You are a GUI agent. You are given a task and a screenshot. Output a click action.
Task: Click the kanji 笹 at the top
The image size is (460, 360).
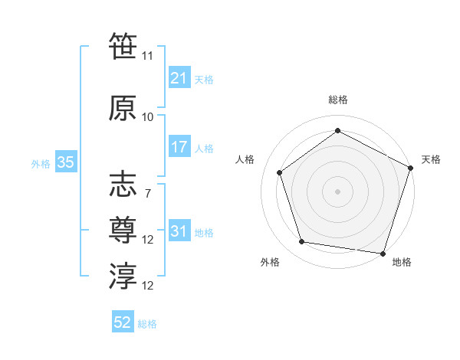tap(123, 44)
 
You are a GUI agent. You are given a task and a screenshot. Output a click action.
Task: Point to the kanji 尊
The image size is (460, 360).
tap(123, 229)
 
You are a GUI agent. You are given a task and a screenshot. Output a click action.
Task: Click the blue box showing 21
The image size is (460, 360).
tap(179, 78)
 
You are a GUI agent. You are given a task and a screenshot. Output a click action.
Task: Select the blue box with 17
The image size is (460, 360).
tap(179, 147)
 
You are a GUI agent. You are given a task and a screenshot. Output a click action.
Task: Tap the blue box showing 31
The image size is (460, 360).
tap(179, 231)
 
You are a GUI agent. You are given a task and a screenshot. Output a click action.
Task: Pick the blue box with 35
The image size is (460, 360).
tap(65, 162)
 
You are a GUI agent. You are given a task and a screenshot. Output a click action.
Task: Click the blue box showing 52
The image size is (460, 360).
tap(123, 322)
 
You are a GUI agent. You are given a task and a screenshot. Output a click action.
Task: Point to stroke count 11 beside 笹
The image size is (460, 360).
tap(148, 55)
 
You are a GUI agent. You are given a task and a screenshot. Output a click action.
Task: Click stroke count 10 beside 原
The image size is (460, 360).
tap(148, 117)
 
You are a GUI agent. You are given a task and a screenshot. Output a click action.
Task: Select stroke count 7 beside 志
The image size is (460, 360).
tap(147, 194)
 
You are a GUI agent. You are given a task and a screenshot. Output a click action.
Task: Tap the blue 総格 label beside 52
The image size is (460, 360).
tap(147, 324)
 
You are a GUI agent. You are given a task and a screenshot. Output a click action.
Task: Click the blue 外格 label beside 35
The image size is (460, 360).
tap(41, 163)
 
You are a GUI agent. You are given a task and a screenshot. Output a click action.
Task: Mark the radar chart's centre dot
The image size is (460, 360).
tap(337, 191)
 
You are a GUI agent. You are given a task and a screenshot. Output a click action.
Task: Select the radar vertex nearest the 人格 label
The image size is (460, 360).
tap(280, 172)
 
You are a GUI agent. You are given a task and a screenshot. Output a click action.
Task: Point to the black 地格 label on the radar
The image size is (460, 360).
tap(402, 262)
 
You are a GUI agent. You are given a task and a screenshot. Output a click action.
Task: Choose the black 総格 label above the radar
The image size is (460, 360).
tap(337, 100)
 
